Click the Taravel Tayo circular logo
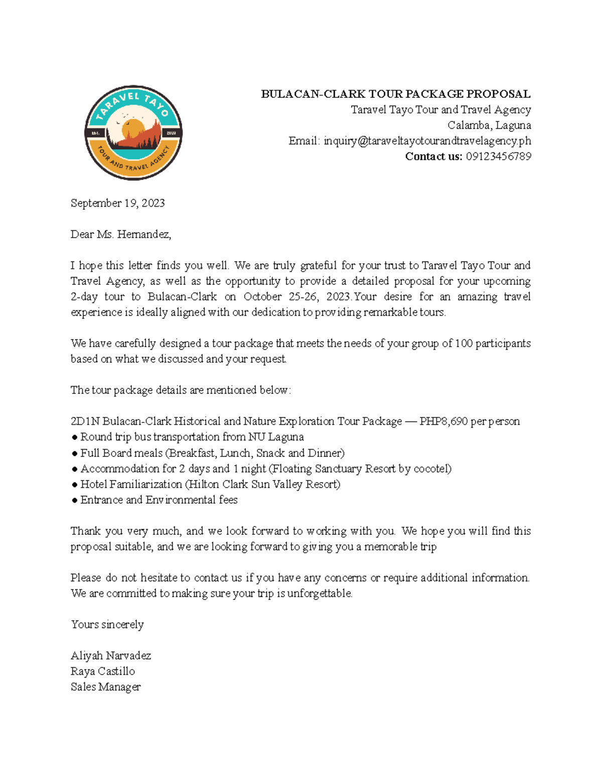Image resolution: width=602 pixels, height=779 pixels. click(133, 132)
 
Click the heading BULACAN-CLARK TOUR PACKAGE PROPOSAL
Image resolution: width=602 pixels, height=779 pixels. click(395, 94)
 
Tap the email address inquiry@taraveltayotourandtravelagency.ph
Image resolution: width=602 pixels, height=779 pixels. click(427, 141)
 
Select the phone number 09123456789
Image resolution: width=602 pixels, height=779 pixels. click(498, 157)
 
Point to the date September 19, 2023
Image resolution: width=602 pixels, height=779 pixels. click(117, 203)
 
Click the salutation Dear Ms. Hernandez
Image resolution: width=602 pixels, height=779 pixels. click(120, 234)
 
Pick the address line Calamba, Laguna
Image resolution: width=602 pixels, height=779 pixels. click(489, 125)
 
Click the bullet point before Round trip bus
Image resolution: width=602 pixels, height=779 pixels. click(74, 437)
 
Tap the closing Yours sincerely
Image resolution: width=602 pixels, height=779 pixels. click(107, 625)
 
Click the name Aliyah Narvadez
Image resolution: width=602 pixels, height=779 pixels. click(110, 656)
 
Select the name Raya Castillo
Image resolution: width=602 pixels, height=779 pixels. click(102, 671)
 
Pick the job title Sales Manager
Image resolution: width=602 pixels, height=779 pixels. click(105, 687)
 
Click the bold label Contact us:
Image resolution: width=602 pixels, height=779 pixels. click(433, 157)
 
